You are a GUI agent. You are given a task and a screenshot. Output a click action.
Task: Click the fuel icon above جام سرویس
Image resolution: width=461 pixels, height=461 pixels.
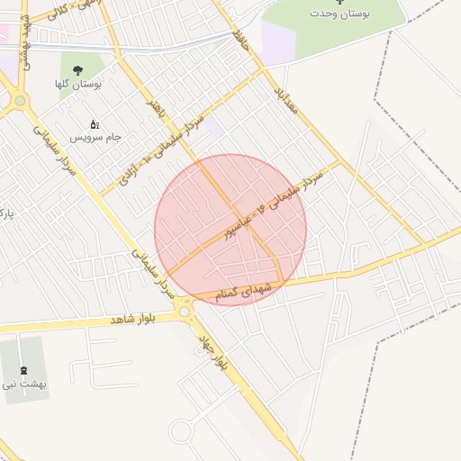coord(95,124)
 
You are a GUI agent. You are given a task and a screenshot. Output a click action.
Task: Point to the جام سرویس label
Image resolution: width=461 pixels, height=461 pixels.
coord(100,137)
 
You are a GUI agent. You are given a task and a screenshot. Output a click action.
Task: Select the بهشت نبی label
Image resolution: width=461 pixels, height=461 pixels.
coord(24,384)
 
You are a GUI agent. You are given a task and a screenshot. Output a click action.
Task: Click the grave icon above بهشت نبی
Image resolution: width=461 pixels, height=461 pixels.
coord(23,370)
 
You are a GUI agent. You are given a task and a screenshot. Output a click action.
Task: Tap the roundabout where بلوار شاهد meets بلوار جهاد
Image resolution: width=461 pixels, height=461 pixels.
coord(185,312)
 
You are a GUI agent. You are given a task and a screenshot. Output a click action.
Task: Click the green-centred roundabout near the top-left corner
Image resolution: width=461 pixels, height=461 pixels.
coord(19,101)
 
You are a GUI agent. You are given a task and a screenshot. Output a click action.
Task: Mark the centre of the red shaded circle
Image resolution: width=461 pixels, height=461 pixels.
coord(230,230)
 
